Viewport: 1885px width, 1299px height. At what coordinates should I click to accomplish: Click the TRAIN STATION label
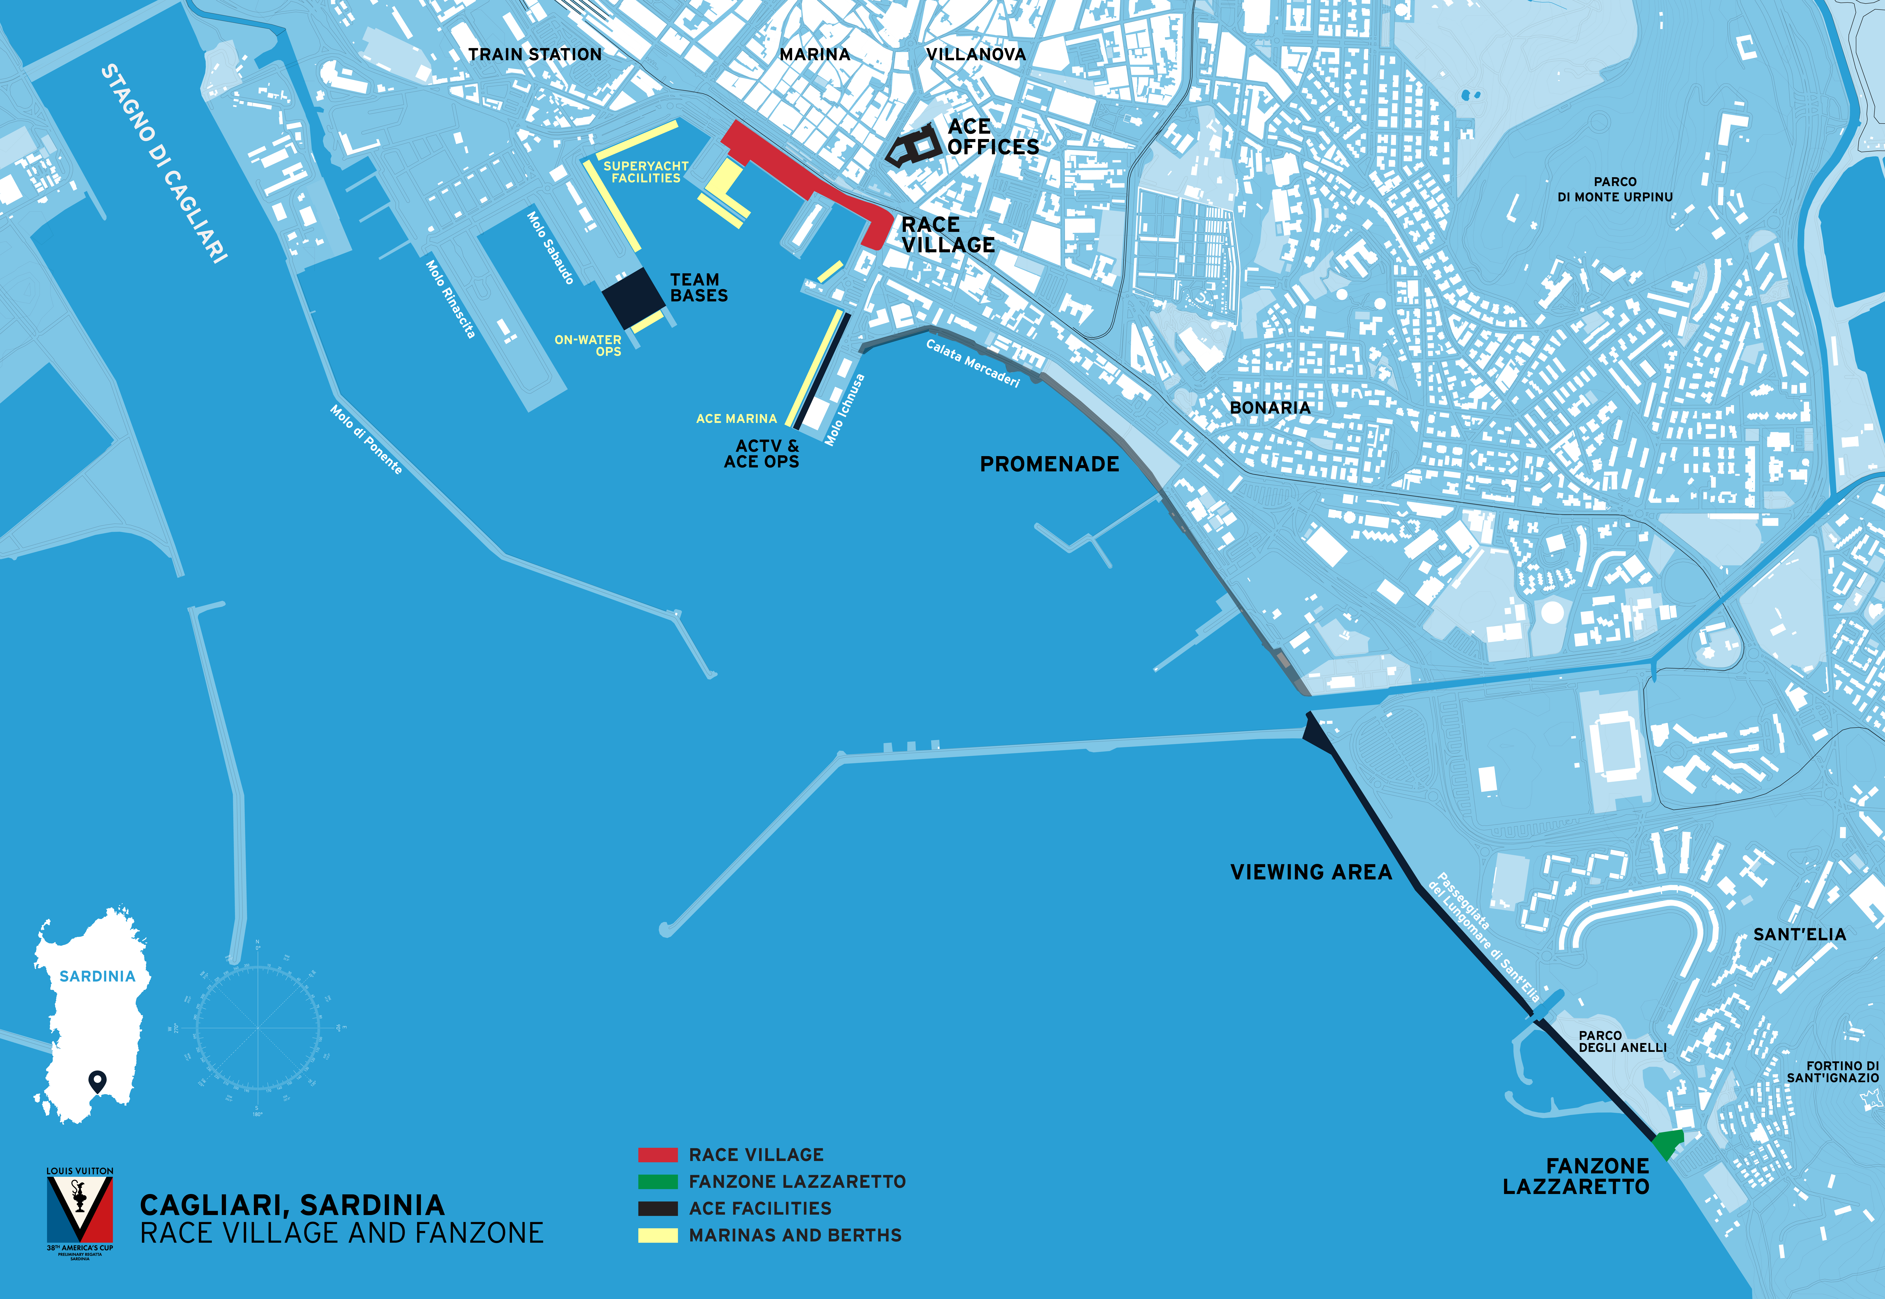tap(535, 54)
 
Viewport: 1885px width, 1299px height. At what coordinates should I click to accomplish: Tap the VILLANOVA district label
tap(976, 54)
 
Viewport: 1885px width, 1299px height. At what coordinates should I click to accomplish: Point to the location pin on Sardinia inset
tap(98, 1081)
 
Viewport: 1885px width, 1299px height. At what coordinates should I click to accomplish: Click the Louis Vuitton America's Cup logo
tap(80, 1213)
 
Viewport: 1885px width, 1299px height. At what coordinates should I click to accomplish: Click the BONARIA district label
tap(1270, 408)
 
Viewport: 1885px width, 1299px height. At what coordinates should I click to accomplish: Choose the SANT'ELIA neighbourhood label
tap(1799, 934)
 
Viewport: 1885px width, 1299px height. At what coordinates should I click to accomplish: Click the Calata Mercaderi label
tap(973, 363)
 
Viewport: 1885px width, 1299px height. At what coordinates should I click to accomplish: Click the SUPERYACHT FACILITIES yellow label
tap(645, 172)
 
